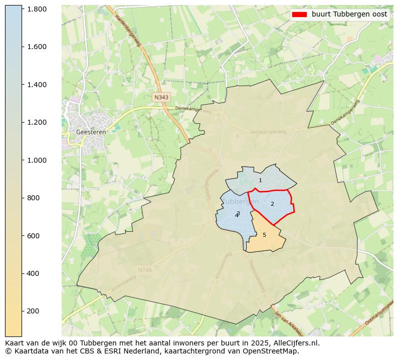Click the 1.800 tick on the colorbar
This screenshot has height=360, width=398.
point(37,9)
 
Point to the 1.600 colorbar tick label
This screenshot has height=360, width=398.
point(37,47)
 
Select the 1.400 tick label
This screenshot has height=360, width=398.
point(37,85)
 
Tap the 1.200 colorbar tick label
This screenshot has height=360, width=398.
point(37,122)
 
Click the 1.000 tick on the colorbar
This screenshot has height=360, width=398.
point(37,160)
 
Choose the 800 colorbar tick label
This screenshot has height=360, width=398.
point(33,198)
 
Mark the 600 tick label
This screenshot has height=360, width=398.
point(33,236)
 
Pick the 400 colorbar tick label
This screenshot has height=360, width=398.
point(33,273)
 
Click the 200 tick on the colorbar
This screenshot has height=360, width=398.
point(33,311)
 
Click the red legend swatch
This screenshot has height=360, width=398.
point(299,15)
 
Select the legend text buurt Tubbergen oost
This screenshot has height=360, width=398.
point(349,15)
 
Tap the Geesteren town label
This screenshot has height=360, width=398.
point(91,132)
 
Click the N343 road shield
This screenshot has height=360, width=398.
point(161,98)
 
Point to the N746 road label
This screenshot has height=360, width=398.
point(144,270)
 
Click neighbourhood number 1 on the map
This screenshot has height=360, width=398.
point(260,181)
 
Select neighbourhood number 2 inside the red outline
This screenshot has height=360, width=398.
point(272,204)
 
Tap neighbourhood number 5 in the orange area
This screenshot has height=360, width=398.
point(264,235)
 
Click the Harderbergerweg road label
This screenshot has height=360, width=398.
point(128,31)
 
